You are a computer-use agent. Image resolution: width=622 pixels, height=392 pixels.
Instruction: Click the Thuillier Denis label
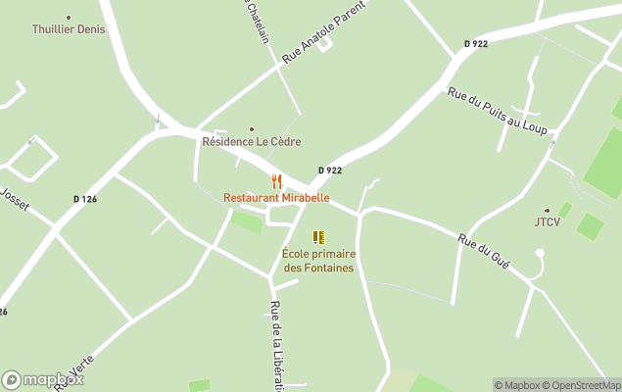[68, 29]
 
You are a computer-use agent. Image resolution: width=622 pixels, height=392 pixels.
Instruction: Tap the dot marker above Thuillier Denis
[68, 17]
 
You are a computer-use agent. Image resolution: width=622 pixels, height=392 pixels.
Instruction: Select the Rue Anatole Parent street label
[322, 32]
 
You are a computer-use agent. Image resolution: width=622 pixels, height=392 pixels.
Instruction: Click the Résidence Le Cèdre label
[251, 142]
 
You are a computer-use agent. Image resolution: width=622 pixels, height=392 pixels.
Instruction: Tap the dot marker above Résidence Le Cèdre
[252, 129]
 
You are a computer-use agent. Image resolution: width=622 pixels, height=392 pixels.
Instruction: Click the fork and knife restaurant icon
[276, 181]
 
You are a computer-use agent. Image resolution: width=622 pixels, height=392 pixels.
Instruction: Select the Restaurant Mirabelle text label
[276, 197]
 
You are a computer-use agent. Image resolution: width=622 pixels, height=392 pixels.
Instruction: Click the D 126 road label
[85, 199]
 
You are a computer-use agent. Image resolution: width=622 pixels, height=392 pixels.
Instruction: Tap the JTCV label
[547, 221]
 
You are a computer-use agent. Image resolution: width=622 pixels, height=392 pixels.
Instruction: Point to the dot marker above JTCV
[547, 210]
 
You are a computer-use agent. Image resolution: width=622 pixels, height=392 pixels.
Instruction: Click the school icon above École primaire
[318, 237]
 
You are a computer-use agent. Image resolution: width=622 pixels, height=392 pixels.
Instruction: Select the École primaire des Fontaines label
[318, 261]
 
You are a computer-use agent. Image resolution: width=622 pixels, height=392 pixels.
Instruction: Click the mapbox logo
[43, 379]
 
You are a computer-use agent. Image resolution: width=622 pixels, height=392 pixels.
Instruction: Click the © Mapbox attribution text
[516, 385]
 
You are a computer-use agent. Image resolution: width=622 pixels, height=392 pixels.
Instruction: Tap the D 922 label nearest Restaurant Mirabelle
[330, 171]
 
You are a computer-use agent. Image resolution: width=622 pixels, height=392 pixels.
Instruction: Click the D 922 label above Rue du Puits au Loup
[476, 44]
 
